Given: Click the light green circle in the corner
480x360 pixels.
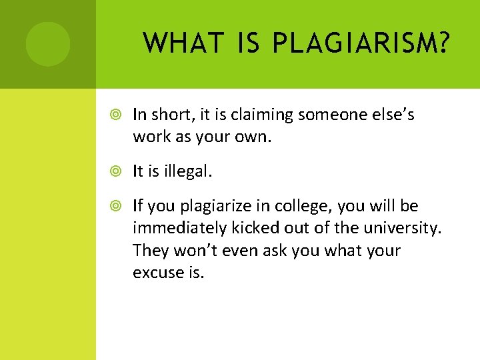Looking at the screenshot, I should pos(48,44).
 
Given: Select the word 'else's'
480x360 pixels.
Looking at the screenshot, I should pos(389,115).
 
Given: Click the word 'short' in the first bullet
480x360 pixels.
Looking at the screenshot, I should pos(168,115).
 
